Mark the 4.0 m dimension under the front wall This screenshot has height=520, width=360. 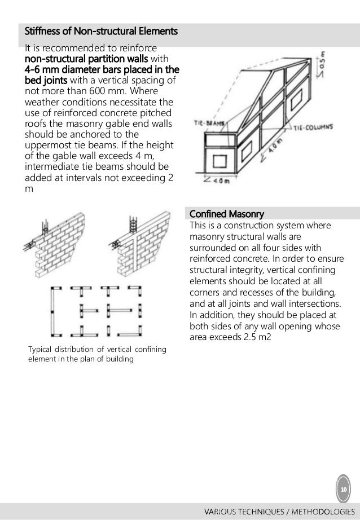[212, 182]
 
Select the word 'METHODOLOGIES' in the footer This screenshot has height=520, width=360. [324, 511]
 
